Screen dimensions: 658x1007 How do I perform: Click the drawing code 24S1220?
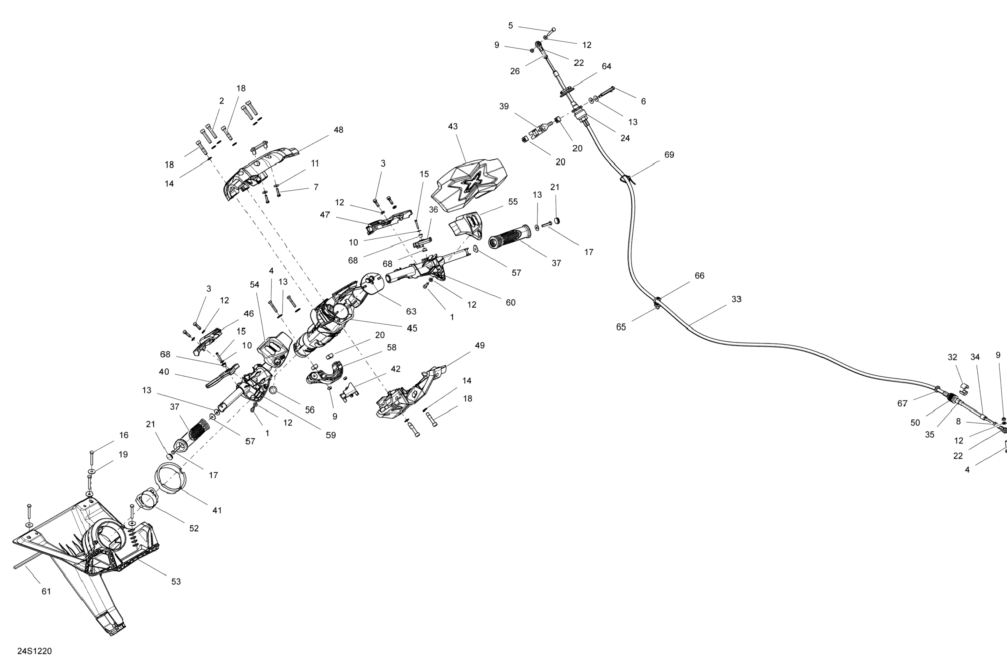34,651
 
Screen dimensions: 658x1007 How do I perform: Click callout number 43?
453,127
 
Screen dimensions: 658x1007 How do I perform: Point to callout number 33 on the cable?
737,300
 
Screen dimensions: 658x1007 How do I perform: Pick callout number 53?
176,582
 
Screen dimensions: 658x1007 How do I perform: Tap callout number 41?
217,510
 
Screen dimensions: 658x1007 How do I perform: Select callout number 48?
339,130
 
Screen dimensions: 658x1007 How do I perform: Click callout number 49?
479,345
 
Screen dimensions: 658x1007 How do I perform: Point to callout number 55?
513,202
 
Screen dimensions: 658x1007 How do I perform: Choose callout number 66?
700,276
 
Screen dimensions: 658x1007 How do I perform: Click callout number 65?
621,327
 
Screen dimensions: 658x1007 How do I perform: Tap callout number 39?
504,106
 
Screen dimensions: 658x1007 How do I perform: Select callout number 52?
194,528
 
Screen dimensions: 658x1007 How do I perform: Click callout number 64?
607,66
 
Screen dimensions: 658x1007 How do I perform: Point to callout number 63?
411,312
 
